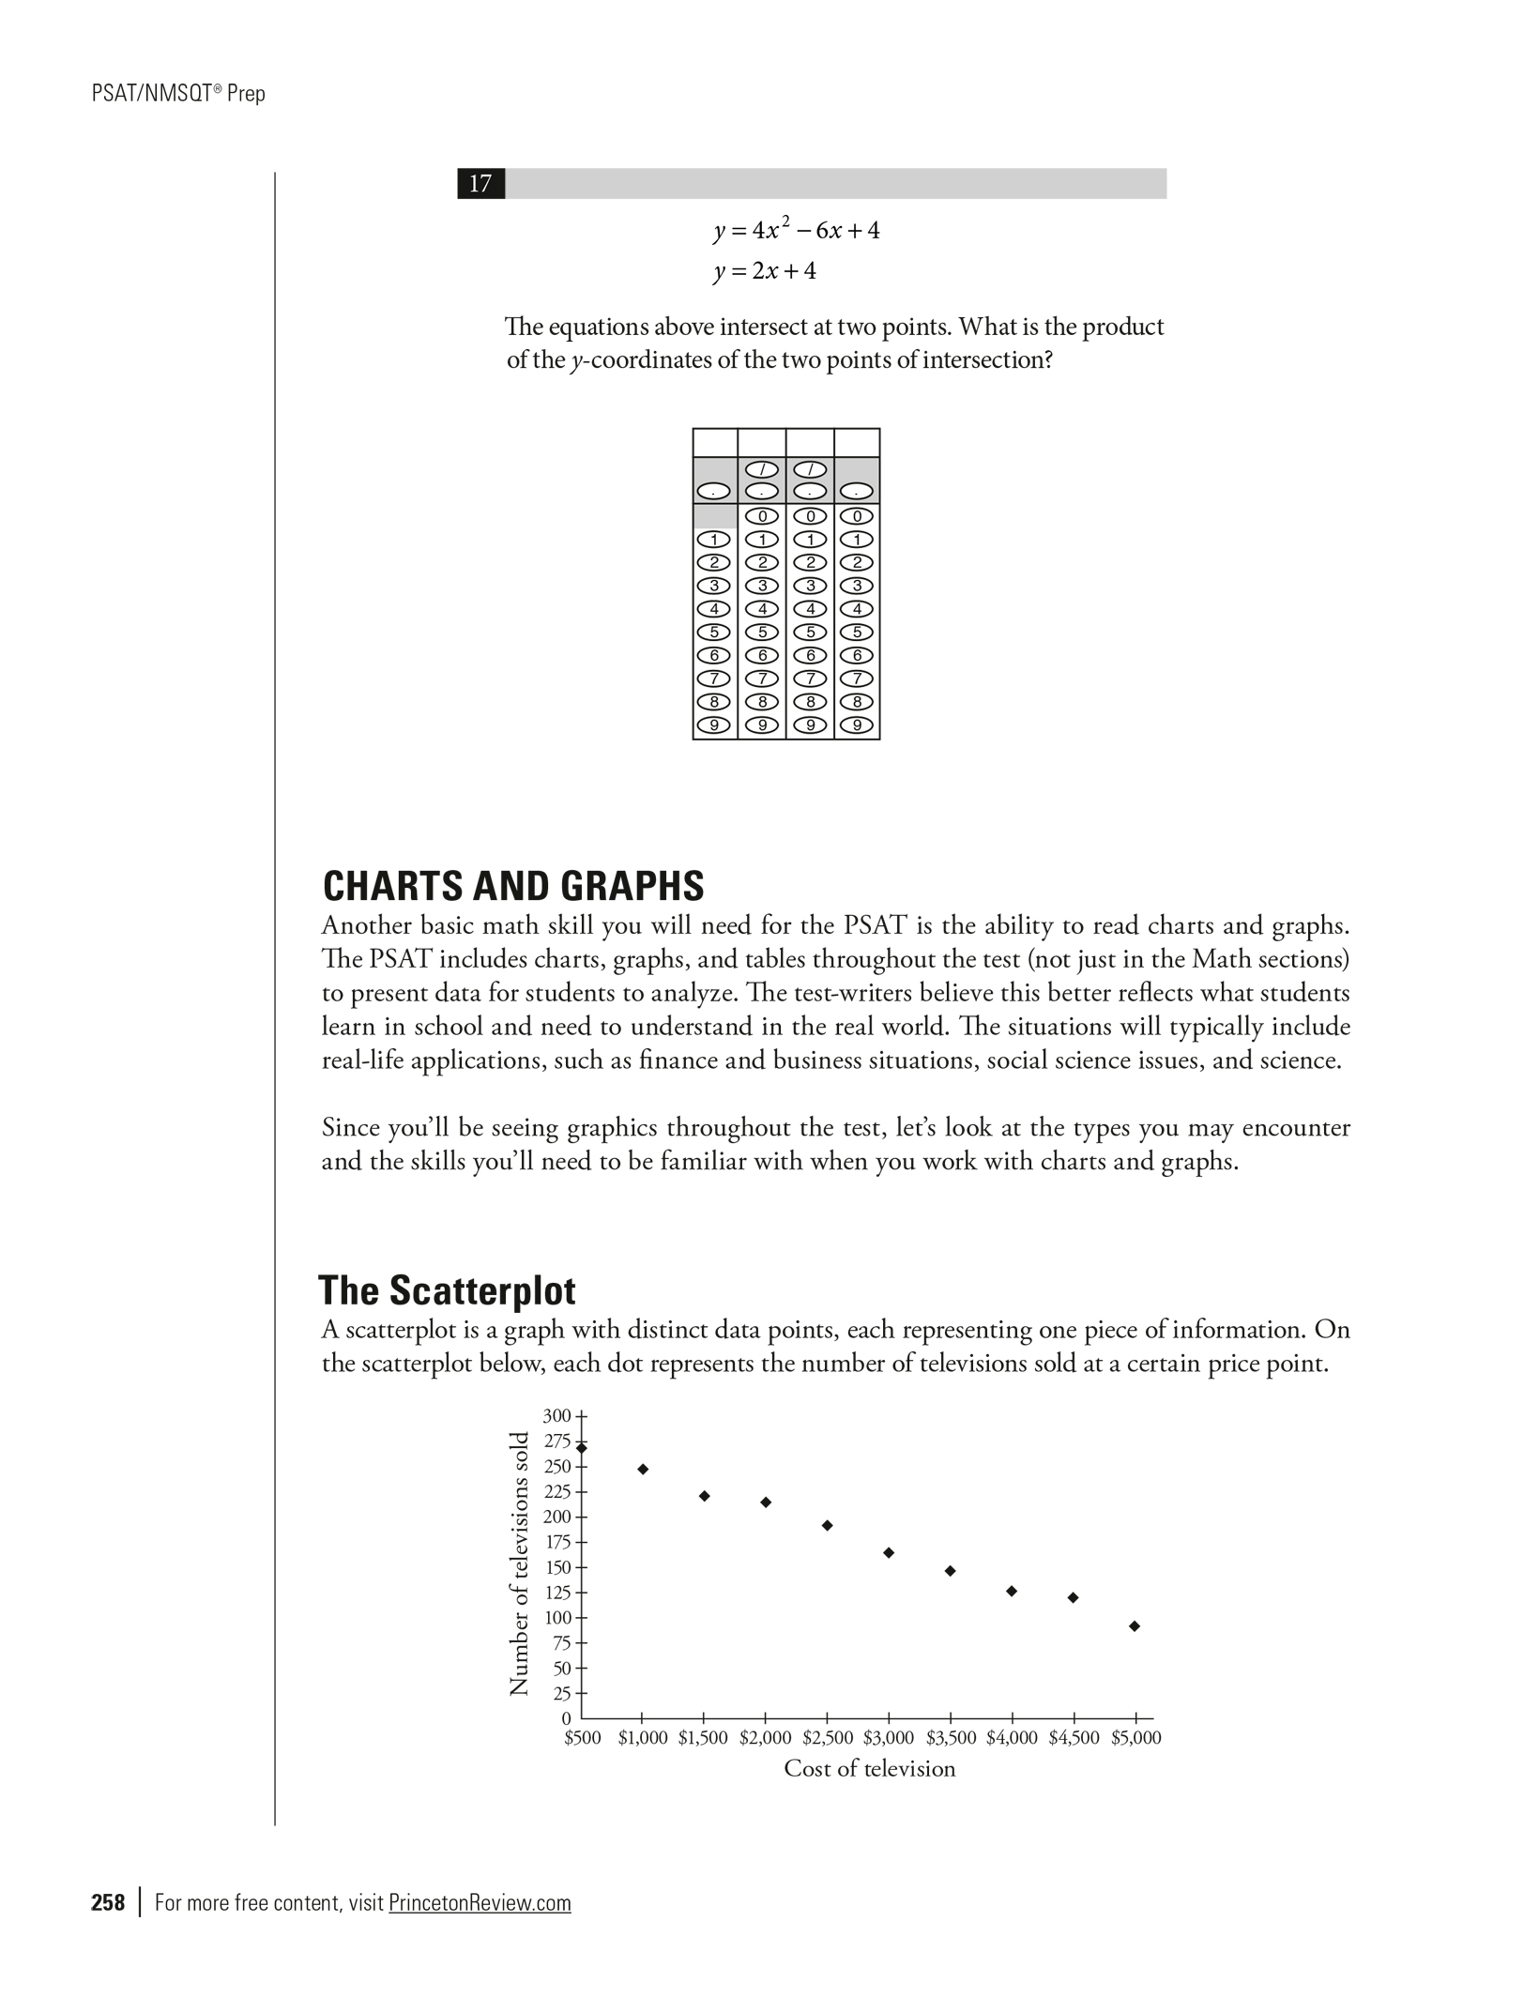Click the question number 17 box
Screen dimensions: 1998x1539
pos(480,184)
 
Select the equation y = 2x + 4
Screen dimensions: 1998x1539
pos(765,272)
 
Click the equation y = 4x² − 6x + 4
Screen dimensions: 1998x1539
pos(796,231)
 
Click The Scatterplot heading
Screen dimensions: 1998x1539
pos(447,1291)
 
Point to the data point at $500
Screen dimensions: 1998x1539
pos(582,1448)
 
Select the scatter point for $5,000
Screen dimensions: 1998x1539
pos(1135,1626)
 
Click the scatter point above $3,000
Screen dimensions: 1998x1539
pos(889,1553)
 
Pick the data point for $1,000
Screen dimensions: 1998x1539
pos(643,1470)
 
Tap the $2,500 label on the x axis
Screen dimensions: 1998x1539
pos(828,1738)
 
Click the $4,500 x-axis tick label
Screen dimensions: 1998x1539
pos(1074,1738)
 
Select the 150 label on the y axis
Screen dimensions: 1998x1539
pos(557,1567)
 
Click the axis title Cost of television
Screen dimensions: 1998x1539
pos(869,1769)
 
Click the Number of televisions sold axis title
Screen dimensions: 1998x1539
pos(519,1563)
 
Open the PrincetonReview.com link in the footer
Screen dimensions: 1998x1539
pos(480,1903)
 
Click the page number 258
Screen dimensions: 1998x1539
pos(108,1903)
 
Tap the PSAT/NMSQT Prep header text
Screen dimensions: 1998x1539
pos(179,94)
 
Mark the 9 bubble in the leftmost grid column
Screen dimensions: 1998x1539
pos(715,725)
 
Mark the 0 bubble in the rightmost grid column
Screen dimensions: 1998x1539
pos(857,516)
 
